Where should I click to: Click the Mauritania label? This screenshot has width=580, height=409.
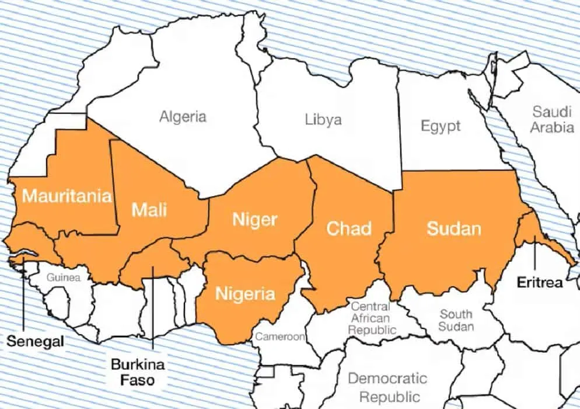(67, 195)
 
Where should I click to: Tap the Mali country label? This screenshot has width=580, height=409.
(149, 209)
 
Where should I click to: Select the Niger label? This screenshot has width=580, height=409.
(254, 220)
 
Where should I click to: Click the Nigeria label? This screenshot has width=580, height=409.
(245, 293)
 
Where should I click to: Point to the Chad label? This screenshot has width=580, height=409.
(349, 228)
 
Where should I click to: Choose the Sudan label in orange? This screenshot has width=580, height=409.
(454, 228)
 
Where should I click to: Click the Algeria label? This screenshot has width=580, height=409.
(183, 116)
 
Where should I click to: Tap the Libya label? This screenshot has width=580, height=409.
(323, 120)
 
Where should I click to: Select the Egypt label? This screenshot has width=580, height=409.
(441, 126)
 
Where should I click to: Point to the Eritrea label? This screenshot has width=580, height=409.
(540, 283)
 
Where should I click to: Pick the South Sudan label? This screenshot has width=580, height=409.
(456, 320)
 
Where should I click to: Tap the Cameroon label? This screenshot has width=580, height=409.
(280, 337)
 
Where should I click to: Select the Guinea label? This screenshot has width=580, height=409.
(64, 278)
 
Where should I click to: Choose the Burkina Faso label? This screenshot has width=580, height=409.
(138, 372)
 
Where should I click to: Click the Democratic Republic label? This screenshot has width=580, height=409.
(387, 387)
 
